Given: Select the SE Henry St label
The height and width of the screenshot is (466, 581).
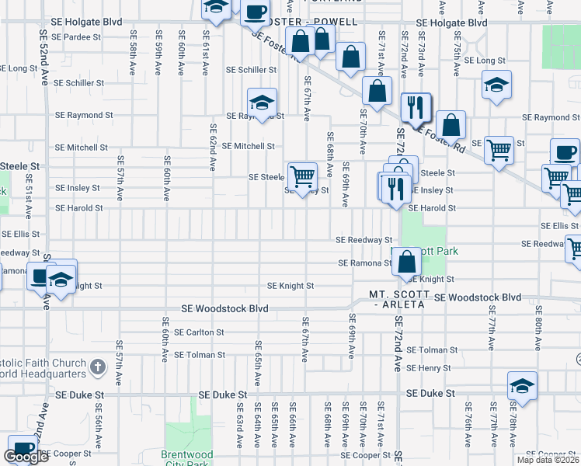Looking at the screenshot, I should (429, 368).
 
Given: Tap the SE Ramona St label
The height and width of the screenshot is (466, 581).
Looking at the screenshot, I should (365, 263).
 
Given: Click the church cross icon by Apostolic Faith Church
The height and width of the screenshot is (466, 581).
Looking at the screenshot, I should (98, 366).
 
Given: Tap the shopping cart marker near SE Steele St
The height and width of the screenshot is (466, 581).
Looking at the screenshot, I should (301, 176).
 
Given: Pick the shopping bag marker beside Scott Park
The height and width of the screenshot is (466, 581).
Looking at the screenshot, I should (406, 262).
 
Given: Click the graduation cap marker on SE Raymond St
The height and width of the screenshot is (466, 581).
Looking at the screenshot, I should (263, 103).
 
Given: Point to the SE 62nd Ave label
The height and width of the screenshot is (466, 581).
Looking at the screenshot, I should (212, 146).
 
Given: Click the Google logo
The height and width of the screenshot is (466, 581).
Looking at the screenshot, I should (26, 457).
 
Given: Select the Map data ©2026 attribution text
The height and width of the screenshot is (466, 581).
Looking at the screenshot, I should (548, 460).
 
